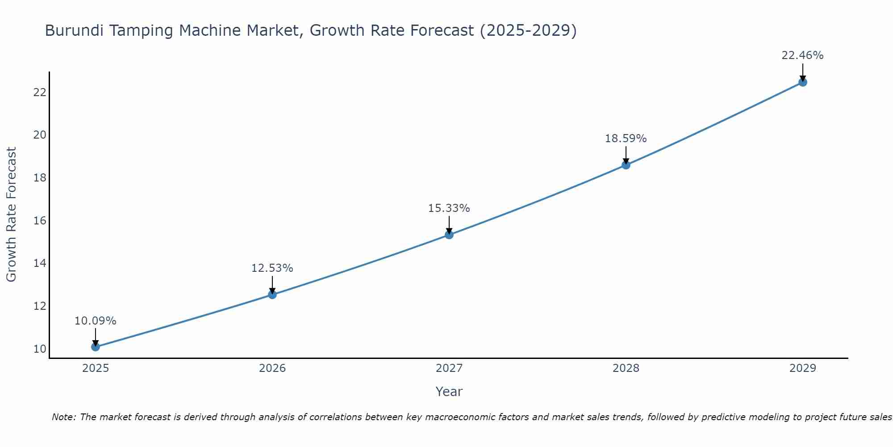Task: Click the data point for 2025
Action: click(95, 346)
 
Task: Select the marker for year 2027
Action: click(449, 234)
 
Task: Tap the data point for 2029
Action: click(802, 82)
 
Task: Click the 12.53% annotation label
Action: click(272, 268)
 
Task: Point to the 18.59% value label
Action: click(626, 139)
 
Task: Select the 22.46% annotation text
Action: click(802, 55)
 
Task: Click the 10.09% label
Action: click(95, 321)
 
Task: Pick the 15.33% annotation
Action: click(449, 208)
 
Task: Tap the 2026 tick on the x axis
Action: click(272, 368)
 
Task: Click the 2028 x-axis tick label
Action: click(626, 368)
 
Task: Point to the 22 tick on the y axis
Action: click(40, 93)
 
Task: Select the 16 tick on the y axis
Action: click(40, 221)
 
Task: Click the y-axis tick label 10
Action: click(40, 349)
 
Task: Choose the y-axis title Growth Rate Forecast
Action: click(12, 215)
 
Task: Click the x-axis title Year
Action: click(449, 392)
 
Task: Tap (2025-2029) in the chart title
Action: click(528, 31)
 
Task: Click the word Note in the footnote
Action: click(64, 417)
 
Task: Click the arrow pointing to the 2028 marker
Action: click(626, 155)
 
